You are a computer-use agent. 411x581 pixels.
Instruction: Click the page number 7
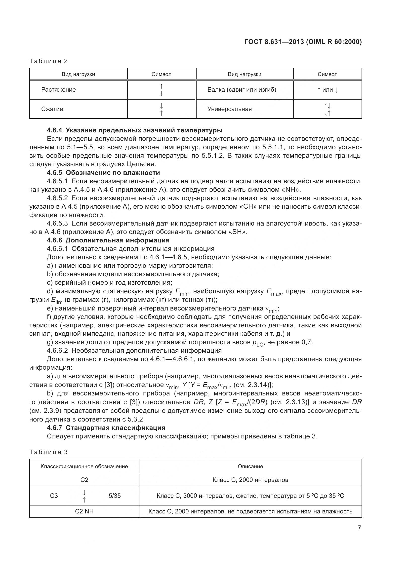point(359,535)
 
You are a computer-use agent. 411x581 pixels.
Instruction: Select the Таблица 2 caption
point(49,61)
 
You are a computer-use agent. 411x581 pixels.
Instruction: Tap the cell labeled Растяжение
point(58,90)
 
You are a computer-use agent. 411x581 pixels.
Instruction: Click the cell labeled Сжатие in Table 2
point(52,109)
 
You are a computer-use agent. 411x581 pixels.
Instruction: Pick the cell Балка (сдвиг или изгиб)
point(242,90)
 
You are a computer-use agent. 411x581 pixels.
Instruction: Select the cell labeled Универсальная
point(230,109)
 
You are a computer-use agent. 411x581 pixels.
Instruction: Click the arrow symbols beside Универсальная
point(328,109)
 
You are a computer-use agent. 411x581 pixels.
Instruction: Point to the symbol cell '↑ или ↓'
point(328,90)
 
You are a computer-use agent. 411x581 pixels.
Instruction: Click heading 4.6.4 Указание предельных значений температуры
point(135,130)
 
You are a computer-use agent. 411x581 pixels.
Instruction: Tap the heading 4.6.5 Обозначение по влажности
point(103,173)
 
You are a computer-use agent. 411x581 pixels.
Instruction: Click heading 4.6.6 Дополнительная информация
point(108,240)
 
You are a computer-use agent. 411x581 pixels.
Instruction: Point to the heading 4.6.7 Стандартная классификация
point(106,428)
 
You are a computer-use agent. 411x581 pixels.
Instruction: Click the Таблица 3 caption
point(49,452)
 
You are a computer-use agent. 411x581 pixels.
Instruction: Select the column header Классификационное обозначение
point(84,466)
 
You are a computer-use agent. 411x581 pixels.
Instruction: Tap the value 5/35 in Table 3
point(115,496)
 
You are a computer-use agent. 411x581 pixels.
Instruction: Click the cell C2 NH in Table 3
point(84,511)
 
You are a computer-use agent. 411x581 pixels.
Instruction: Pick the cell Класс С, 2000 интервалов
point(250,480)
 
